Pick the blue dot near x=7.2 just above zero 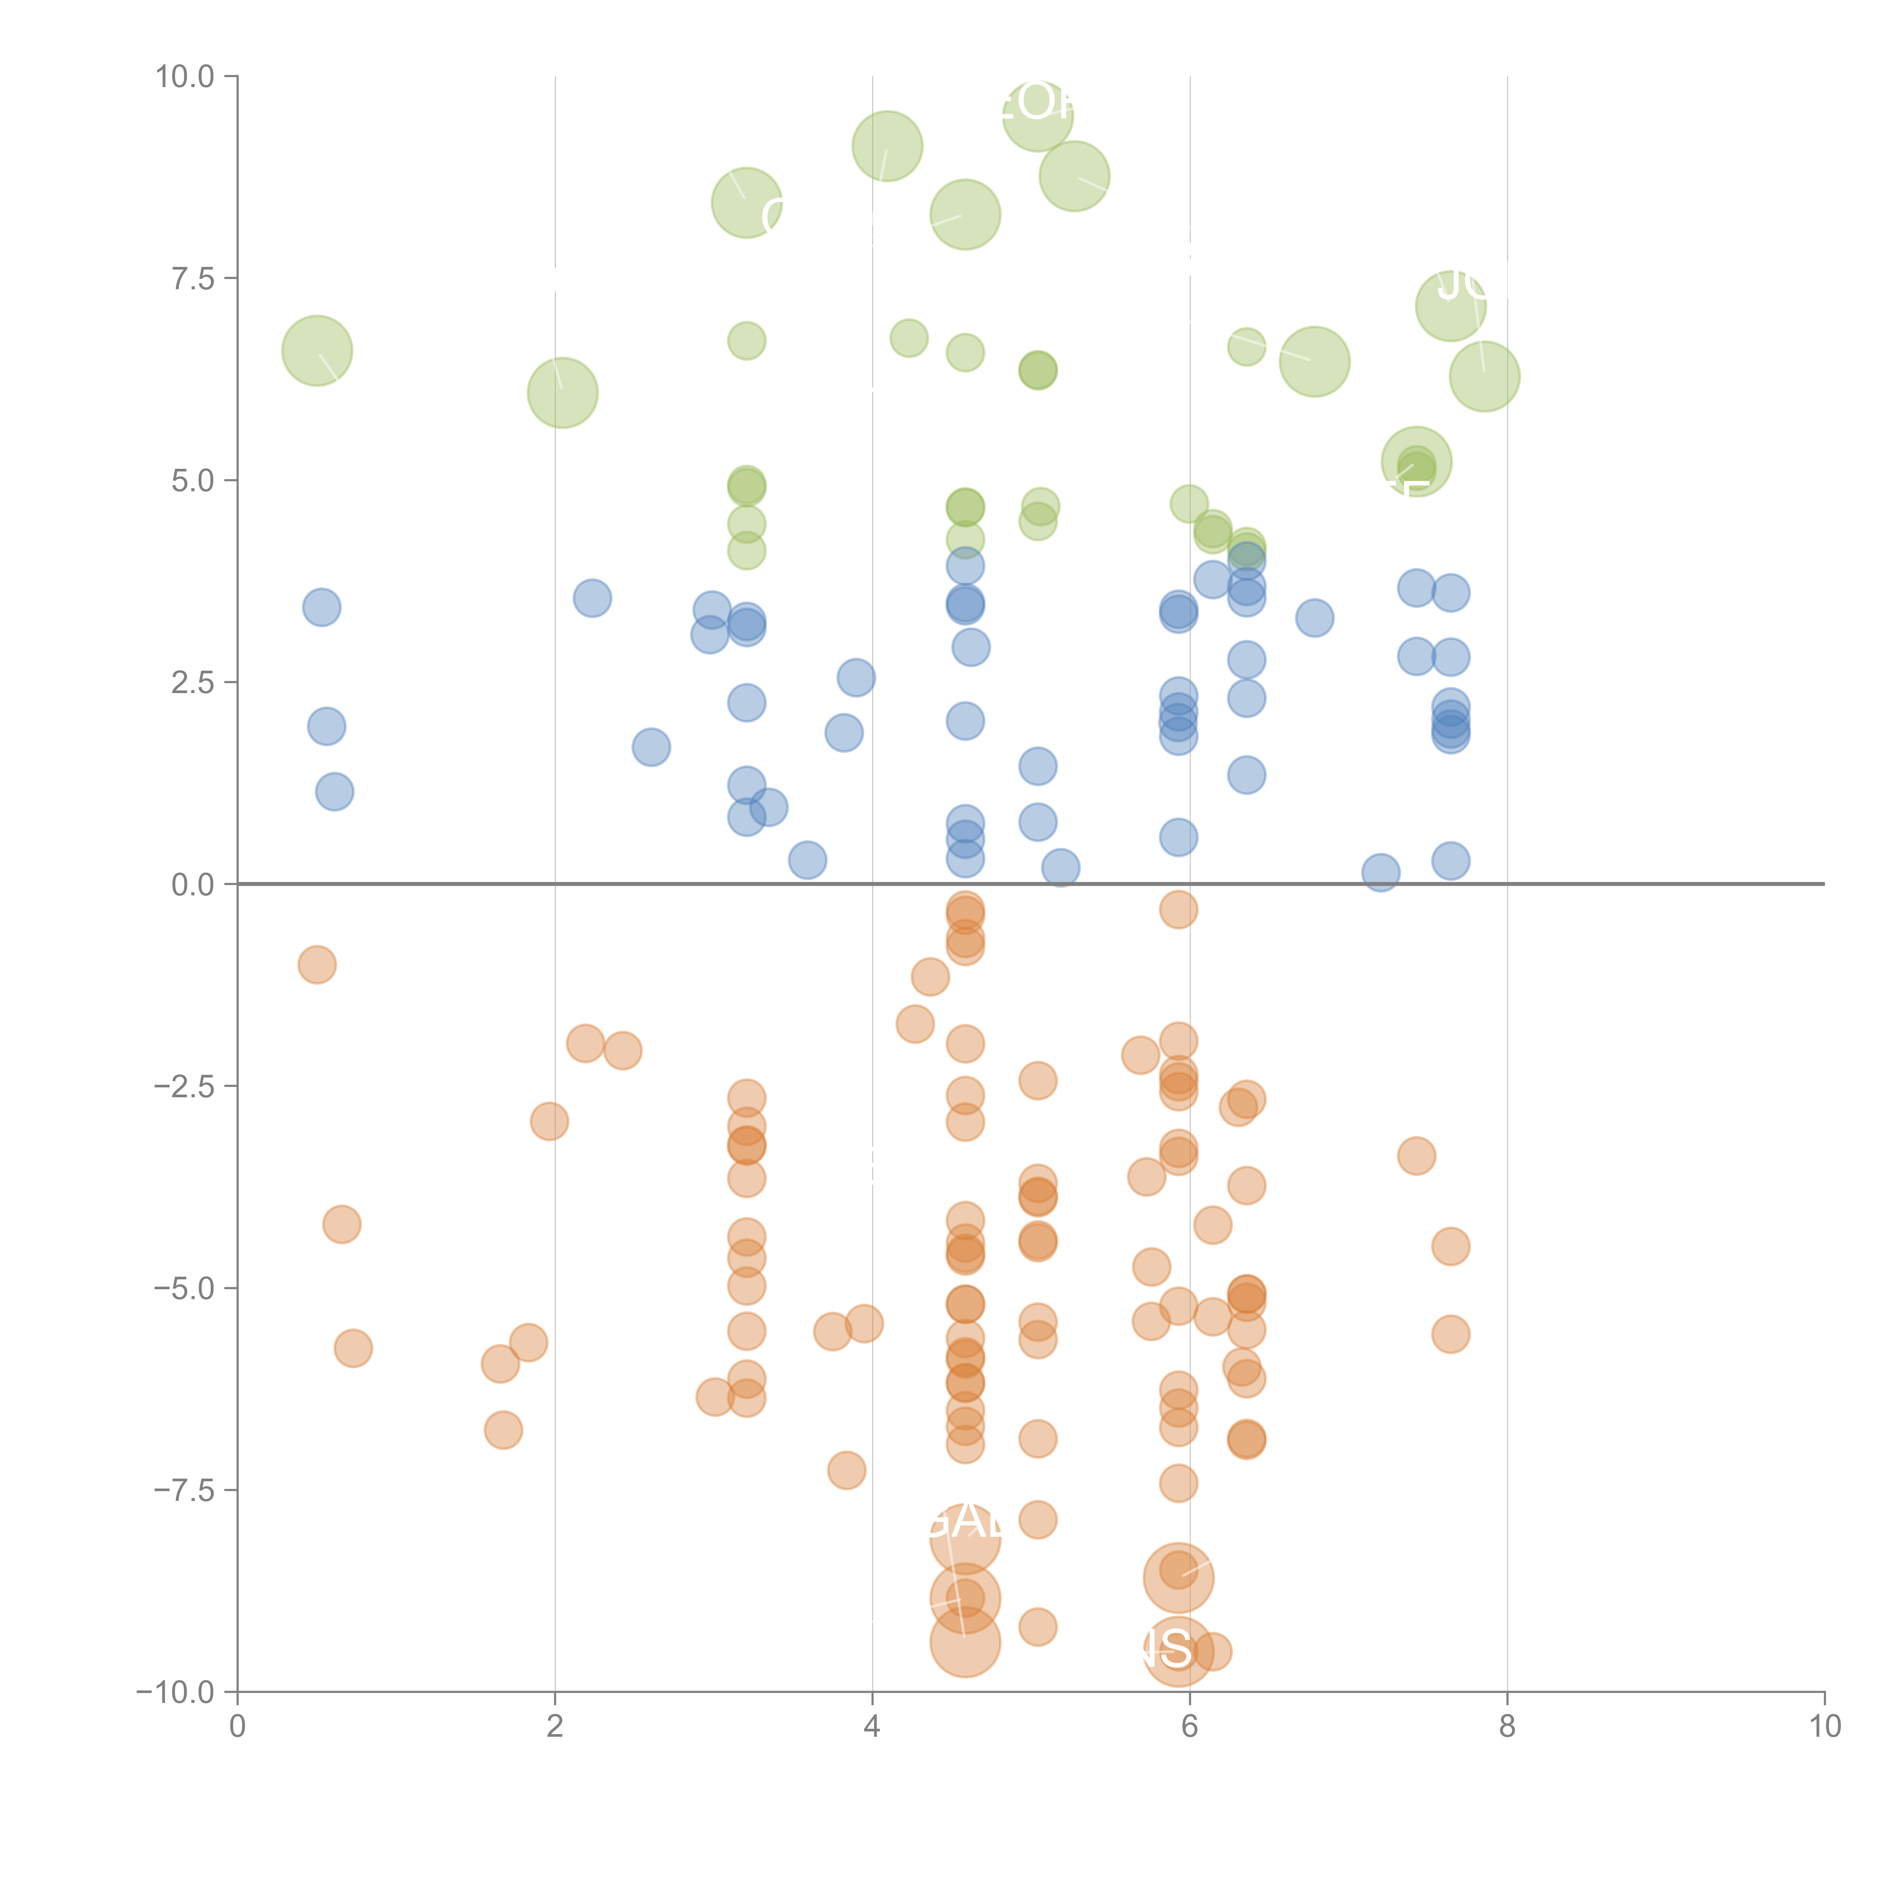click(x=1381, y=872)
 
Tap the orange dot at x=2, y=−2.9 click(x=549, y=1121)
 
